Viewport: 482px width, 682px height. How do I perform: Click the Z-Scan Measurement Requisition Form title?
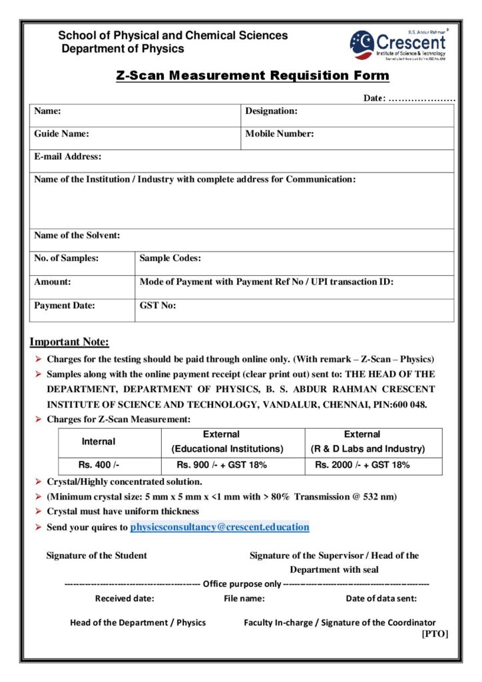point(252,75)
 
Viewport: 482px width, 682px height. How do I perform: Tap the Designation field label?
point(271,111)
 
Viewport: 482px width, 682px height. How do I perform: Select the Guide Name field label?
point(62,134)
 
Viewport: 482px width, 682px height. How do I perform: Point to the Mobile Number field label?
point(280,134)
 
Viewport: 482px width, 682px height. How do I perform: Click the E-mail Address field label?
point(68,157)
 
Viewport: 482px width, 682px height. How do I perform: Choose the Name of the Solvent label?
point(77,235)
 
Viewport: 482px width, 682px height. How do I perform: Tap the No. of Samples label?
point(67,258)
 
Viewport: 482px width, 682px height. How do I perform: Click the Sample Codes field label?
point(170,258)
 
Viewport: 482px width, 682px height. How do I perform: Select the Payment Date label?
point(65,306)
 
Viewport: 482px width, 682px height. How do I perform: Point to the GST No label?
point(158,306)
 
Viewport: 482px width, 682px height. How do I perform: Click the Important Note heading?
point(69,342)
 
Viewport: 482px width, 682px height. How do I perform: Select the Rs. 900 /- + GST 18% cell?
point(222,465)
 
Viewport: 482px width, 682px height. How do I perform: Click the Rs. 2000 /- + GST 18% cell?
point(362,465)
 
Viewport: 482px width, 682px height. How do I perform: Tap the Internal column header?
point(99,442)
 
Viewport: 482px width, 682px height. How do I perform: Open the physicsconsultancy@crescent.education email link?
point(220,527)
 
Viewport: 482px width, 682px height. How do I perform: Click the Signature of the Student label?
point(97,555)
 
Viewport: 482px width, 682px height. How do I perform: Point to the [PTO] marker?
point(435,634)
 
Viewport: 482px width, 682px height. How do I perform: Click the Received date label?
point(124,598)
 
